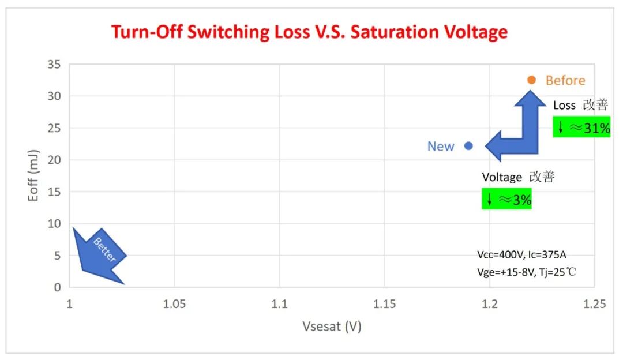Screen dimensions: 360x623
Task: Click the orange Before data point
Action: click(x=531, y=80)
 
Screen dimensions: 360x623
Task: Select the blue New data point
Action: click(x=468, y=146)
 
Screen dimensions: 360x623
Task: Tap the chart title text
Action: click(x=309, y=32)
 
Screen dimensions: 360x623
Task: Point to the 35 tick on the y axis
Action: click(x=54, y=64)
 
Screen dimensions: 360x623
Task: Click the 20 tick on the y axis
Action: click(x=54, y=160)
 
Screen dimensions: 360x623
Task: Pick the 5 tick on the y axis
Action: click(x=57, y=256)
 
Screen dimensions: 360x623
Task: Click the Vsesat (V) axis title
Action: click(x=332, y=327)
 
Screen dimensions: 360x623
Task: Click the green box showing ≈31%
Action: click(x=581, y=127)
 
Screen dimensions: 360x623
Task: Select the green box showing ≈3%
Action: click(x=506, y=200)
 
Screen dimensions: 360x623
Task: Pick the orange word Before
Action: click(x=565, y=81)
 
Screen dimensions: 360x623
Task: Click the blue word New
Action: click(x=441, y=147)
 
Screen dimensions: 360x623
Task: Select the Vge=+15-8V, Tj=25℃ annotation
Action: click(x=526, y=271)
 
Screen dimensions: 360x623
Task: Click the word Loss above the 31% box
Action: click(x=564, y=106)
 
